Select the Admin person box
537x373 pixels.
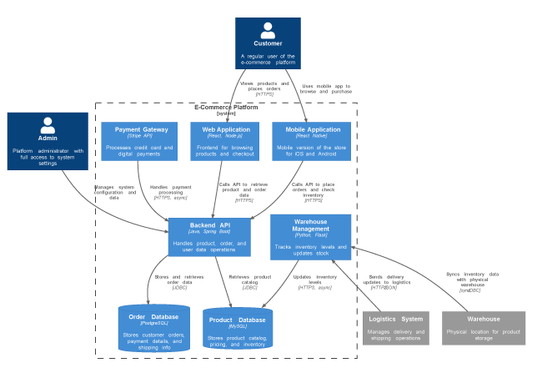[x=48, y=142]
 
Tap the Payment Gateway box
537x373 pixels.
[x=141, y=141]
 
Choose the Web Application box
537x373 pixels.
[x=225, y=141]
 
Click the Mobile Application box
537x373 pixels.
[x=312, y=141]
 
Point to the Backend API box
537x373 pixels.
[x=210, y=237]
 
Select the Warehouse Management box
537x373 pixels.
[x=311, y=237]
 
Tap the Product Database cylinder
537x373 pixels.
[x=238, y=330]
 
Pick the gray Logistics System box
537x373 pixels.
[x=395, y=327]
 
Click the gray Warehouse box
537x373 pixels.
[x=484, y=327]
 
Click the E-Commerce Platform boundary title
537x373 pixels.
[x=226, y=108]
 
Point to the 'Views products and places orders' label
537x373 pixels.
[x=265, y=88]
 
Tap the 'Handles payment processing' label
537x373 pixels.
[x=170, y=192]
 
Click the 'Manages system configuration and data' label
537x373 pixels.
[x=114, y=192]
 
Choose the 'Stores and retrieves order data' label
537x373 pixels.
[x=179, y=280]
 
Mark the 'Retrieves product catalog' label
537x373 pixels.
[x=249, y=280]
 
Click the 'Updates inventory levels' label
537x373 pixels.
[x=314, y=280]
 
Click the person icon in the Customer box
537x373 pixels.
[x=268, y=30]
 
